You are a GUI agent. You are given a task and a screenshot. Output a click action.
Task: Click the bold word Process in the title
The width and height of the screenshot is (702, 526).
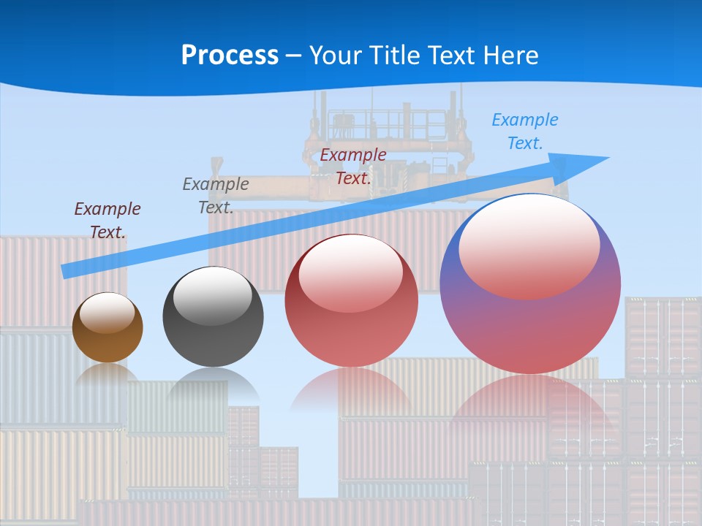pos(230,56)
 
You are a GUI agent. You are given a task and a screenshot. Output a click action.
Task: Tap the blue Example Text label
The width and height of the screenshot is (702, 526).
pos(524,131)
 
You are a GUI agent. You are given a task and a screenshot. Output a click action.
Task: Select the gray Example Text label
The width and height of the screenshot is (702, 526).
pos(216,195)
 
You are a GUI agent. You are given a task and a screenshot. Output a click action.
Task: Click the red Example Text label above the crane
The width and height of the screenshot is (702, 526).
pos(353,166)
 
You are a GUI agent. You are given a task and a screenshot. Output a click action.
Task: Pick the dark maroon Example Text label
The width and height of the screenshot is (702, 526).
pos(107,220)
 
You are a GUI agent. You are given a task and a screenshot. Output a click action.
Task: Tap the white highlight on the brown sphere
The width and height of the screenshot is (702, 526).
pos(107,312)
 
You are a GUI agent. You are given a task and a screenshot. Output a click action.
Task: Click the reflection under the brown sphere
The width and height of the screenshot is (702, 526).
pos(107,374)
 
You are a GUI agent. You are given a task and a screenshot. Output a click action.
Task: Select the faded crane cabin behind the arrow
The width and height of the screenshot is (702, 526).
pos(388,124)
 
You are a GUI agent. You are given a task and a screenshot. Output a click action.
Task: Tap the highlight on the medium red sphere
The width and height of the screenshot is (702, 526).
pos(351,272)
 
